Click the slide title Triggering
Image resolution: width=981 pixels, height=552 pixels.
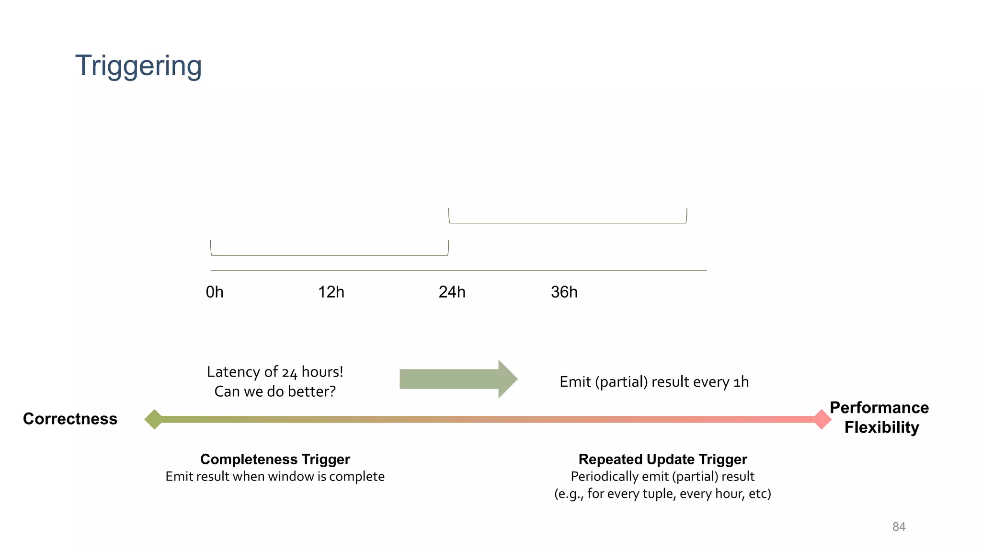pos(138,66)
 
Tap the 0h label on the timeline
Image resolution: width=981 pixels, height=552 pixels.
pos(215,292)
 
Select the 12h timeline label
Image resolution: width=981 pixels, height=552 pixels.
pos(331,292)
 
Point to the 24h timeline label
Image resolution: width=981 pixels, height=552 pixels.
pos(452,292)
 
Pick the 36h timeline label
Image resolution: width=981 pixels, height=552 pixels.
pos(564,292)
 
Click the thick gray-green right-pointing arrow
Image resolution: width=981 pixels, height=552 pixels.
pos(458,379)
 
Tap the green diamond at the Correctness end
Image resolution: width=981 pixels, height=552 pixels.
pos(154,419)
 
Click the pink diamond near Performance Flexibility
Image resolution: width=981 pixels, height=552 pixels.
pos(822,419)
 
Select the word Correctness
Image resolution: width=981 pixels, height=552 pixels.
pos(70,419)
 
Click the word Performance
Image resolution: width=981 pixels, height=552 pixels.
pos(879,407)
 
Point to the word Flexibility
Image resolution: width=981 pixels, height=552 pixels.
pos(881,427)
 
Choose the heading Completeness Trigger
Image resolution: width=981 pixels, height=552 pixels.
pos(275,459)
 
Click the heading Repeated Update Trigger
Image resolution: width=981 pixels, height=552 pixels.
pos(662,459)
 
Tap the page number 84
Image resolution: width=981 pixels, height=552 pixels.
pos(899,527)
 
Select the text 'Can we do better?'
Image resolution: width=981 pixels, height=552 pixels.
pos(275,391)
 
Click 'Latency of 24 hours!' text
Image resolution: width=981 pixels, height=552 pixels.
pos(275,372)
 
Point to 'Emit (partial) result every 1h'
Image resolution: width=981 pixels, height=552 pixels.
pos(654,382)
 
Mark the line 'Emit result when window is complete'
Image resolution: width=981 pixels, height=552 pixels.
pos(275,476)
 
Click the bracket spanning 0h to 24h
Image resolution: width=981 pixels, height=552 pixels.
pos(330,254)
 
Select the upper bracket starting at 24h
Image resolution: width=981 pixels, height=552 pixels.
pos(568,222)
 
